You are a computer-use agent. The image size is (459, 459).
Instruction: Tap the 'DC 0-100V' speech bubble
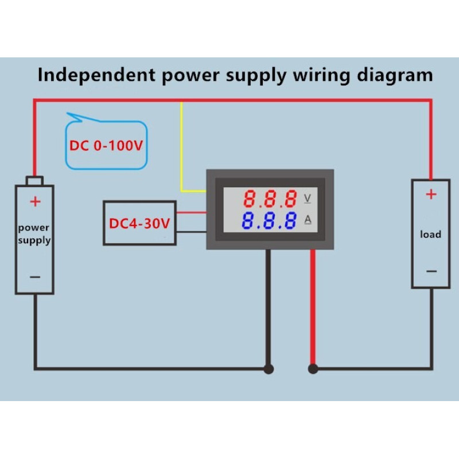click(106, 145)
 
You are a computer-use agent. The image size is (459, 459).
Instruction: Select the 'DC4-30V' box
click(139, 223)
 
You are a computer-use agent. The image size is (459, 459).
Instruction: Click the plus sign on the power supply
click(36, 201)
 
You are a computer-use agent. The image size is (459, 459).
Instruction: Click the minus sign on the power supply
click(35, 277)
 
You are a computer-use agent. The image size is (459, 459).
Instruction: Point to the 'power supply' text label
click(34, 234)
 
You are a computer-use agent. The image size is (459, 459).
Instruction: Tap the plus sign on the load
click(431, 195)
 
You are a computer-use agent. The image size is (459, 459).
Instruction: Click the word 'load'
click(431, 234)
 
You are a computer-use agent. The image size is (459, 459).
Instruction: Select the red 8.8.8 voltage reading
click(270, 199)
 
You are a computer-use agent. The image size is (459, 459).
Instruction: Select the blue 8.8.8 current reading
click(270, 221)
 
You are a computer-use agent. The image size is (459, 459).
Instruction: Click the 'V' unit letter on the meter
click(308, 199)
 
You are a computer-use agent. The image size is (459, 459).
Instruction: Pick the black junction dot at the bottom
click(268, 368)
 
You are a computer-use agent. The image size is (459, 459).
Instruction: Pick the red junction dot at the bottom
click(313, 368)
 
